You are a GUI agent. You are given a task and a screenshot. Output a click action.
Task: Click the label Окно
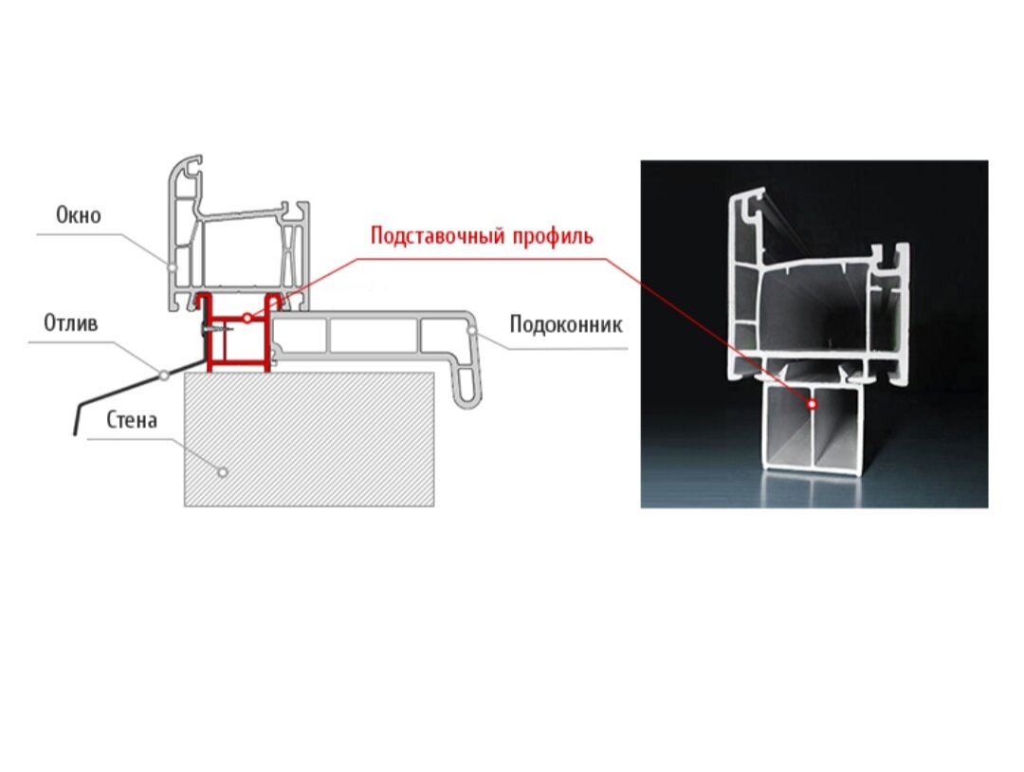(78, 216)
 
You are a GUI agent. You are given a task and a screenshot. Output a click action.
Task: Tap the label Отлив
(70, 324)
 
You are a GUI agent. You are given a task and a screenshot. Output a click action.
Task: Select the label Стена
(131, 420)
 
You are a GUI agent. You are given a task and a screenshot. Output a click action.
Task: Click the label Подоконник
(565, 325)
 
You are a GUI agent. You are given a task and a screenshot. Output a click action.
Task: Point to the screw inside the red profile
(215, 329)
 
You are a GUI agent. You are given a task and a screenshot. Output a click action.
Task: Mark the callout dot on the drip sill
(164, 376)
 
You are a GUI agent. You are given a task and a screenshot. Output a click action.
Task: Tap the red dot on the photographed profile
(814, 404)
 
